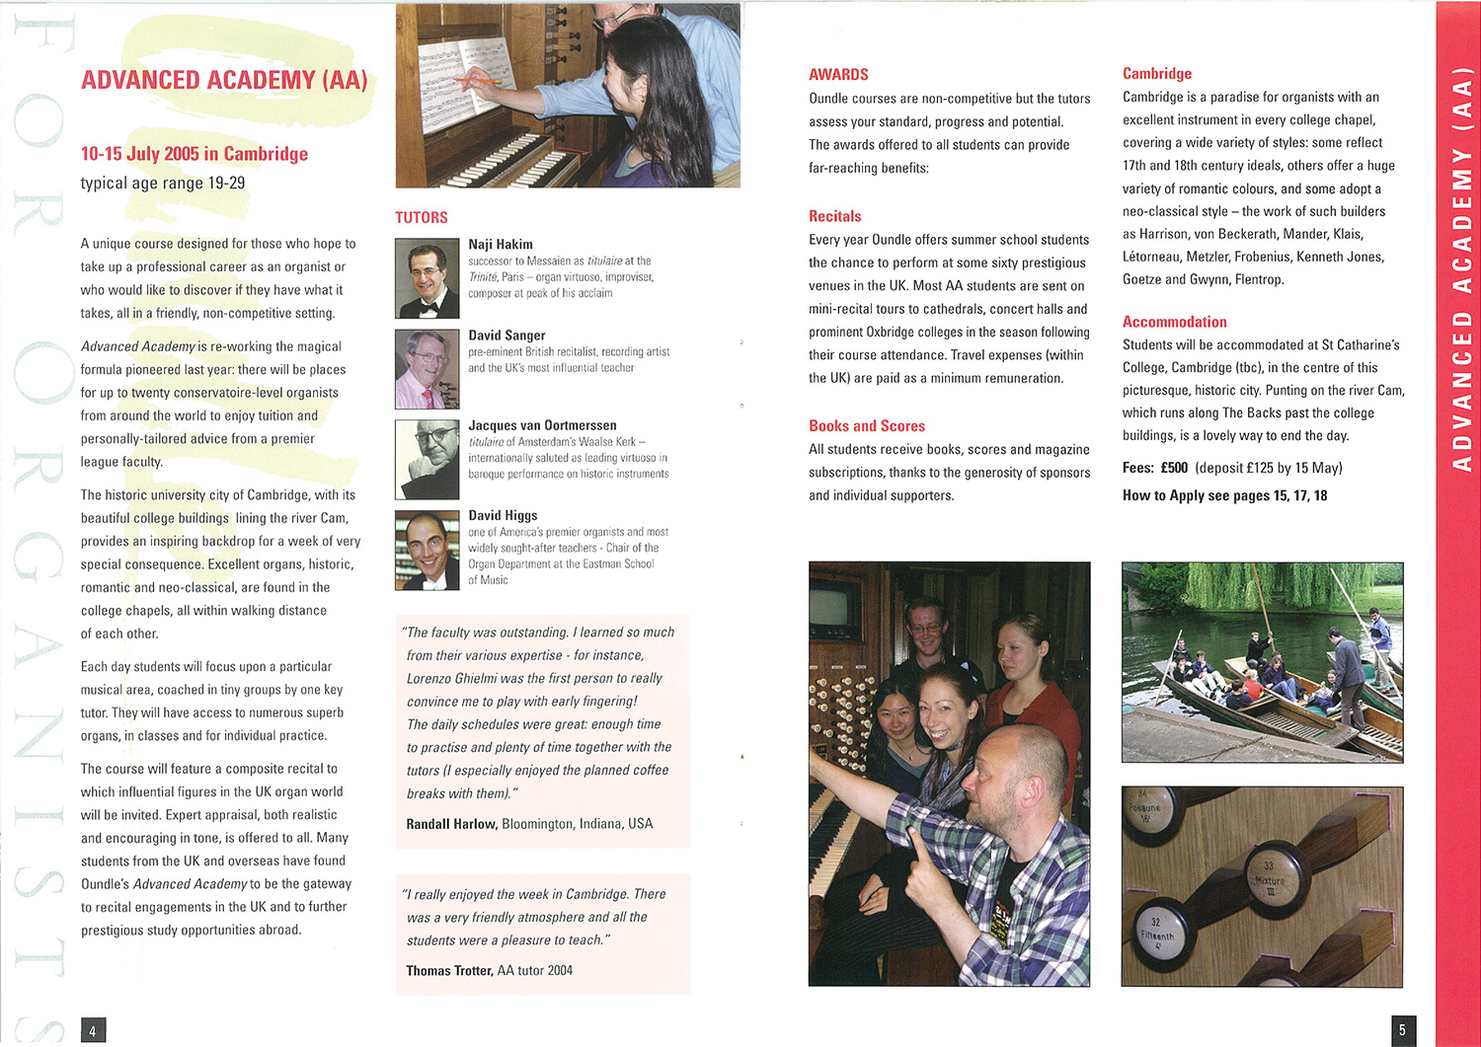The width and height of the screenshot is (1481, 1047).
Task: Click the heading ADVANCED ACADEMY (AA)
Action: click(224, 80)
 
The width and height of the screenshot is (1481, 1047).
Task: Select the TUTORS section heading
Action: click(422, 217)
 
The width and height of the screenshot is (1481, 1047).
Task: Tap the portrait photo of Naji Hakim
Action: click(427, 277)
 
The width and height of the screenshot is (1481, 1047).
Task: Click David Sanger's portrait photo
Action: click(427, 368)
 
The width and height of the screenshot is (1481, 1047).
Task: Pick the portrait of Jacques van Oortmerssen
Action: click(427, 459)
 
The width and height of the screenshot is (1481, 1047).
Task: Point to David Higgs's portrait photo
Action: click(427, 550)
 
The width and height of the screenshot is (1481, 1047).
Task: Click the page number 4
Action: click(93, 1031)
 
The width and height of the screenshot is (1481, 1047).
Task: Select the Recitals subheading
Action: click(835, 216)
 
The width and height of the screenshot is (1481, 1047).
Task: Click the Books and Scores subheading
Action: click(867, 426)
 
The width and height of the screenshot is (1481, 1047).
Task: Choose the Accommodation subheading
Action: click(1174, 322)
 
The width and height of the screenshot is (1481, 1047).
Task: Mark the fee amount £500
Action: click(1174, 468)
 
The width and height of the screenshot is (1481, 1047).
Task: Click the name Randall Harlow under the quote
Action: click(451, 824)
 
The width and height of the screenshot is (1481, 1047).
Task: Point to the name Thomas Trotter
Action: click(449, 971)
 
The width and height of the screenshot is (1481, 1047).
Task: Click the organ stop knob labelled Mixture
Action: click(1271, 874)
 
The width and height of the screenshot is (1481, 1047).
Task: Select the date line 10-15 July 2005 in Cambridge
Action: click(195, 154)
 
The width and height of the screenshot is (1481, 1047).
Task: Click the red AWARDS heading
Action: click(838, 75)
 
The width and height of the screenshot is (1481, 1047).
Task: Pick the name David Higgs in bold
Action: click(503, 515)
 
